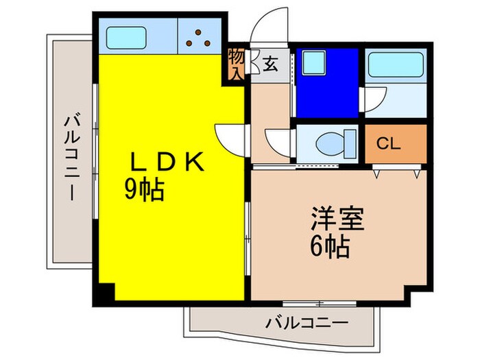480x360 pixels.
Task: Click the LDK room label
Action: [x=167, y=163]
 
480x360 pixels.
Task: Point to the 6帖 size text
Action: [x=329, y=245]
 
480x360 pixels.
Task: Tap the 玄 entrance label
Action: [x=269, y=66]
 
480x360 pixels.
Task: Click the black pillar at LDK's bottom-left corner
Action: [x=101, y=293]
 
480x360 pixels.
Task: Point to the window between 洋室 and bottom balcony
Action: [x=318, y=302]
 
